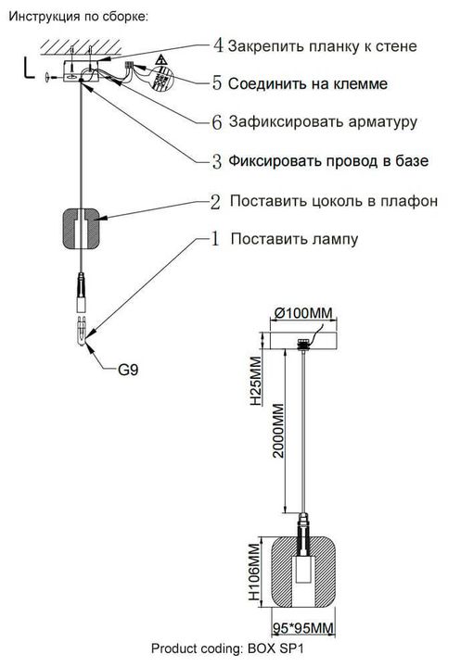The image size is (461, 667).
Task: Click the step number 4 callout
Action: point(217,45)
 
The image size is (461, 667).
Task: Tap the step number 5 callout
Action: point(217,83)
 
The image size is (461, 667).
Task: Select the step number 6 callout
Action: point(217,121)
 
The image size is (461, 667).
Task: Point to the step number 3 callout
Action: point(217,161)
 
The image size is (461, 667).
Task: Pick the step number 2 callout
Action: point(215,201)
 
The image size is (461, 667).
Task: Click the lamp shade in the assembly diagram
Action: point(83,230)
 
